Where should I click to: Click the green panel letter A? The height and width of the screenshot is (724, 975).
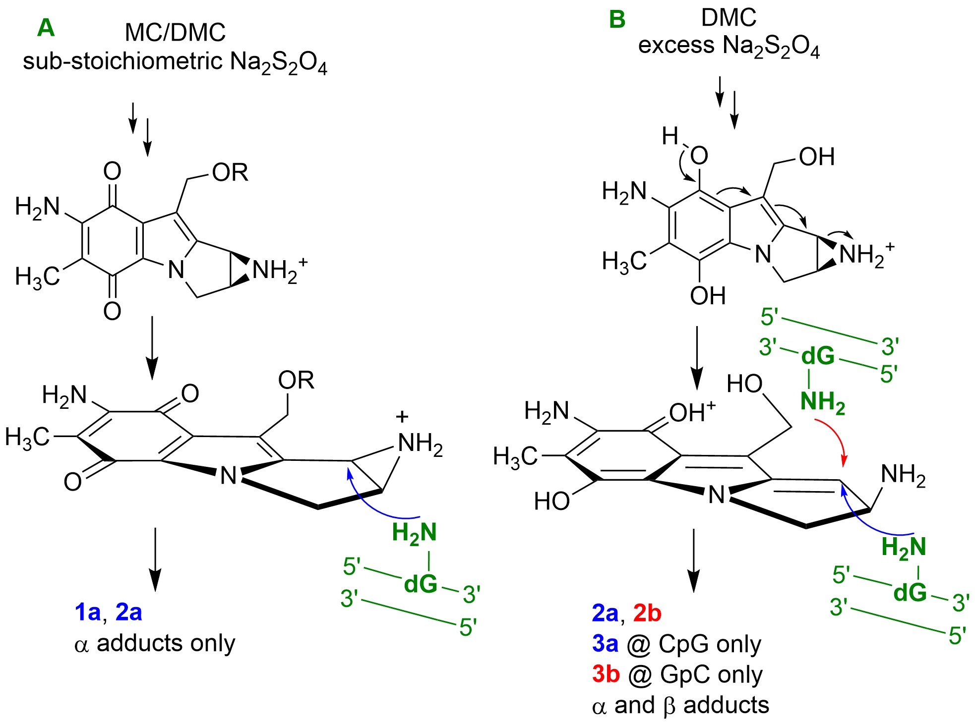pyautogui.click(x=46, y=28)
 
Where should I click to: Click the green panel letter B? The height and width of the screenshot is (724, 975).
pyautogui.click(x=617, y=20)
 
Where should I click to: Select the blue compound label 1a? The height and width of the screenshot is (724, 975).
pyautogui.click(x=88, y=613)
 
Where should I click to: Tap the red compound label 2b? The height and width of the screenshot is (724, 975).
pyautogui.click(x=647, y=613)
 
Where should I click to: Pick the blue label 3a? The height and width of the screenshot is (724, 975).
pyautogui.click(x=605, y=644)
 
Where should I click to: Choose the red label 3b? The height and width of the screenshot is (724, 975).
pyautogui.click(x=606, y=674)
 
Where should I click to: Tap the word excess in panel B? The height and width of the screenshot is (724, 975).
pyautogui.click(x=676, y=46)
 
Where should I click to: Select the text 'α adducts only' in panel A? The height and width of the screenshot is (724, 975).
pyautogui.click(x=154, y=644)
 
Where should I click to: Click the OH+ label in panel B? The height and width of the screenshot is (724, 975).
pyautogui.click(x=692, y=412)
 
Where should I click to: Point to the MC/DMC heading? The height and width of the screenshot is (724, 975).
pyautogui.click(x=175, y=33)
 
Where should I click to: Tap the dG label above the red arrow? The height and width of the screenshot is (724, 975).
pyautogui.click(x=818, y=356)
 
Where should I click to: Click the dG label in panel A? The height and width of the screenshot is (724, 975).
pyautogui.click(x=421, y=584)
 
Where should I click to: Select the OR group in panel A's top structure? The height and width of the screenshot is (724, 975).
pyautogui.click(x=230, y=172)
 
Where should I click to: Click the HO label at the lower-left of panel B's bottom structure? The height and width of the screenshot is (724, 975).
pyautogui.click(x=551, y=501)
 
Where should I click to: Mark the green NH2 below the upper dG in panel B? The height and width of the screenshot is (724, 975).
pyautogui.click(x=822, y=401)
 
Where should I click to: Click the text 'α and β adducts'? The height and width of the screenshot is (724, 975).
pyautogui.click(x=680, y=705)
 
